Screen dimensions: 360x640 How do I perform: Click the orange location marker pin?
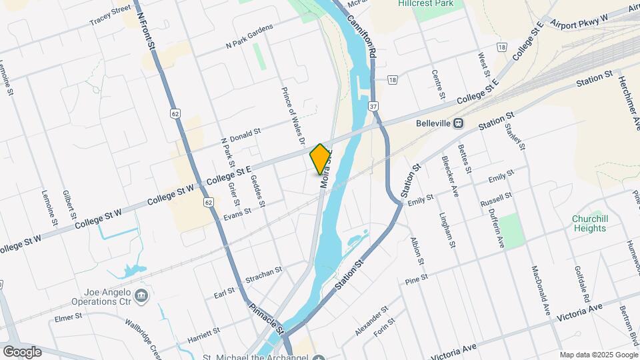click(321, 159)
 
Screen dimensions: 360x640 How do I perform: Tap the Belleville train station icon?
click(459, 123)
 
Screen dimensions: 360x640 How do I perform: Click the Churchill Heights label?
click(589, 223)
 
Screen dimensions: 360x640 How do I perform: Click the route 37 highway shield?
click(373, 107)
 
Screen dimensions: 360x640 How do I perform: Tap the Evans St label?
click(237, 213)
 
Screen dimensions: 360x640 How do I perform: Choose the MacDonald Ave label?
click(540, 291)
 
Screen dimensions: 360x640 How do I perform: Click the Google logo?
click(22, 351)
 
